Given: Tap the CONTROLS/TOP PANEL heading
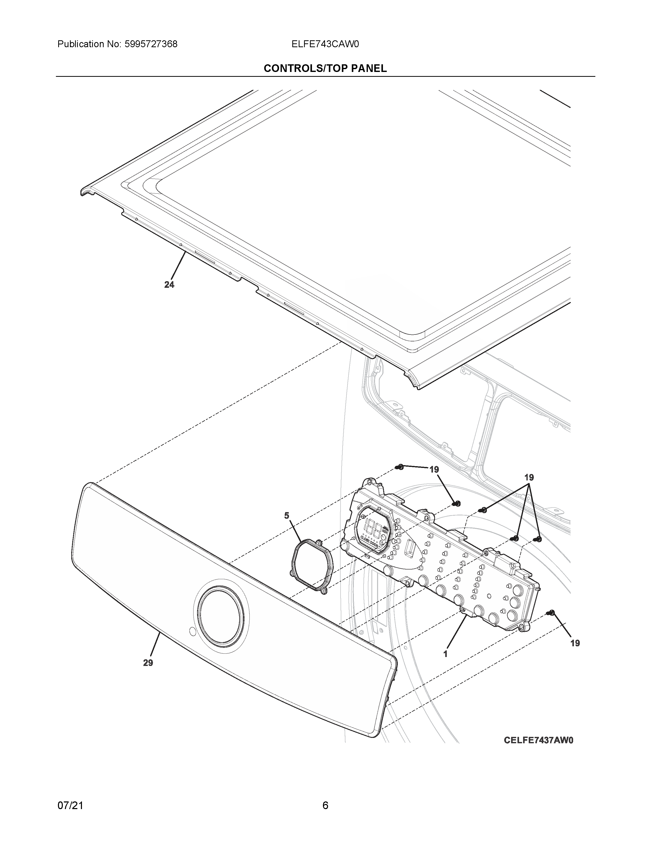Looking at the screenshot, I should tap(325, 69).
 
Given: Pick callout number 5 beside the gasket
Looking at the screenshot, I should tap(286, 515).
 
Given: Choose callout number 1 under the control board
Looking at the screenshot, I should tap(445, 654).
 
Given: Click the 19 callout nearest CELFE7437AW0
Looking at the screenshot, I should tap(575, 643).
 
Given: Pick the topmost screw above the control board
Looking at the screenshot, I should tap(400, 467).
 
